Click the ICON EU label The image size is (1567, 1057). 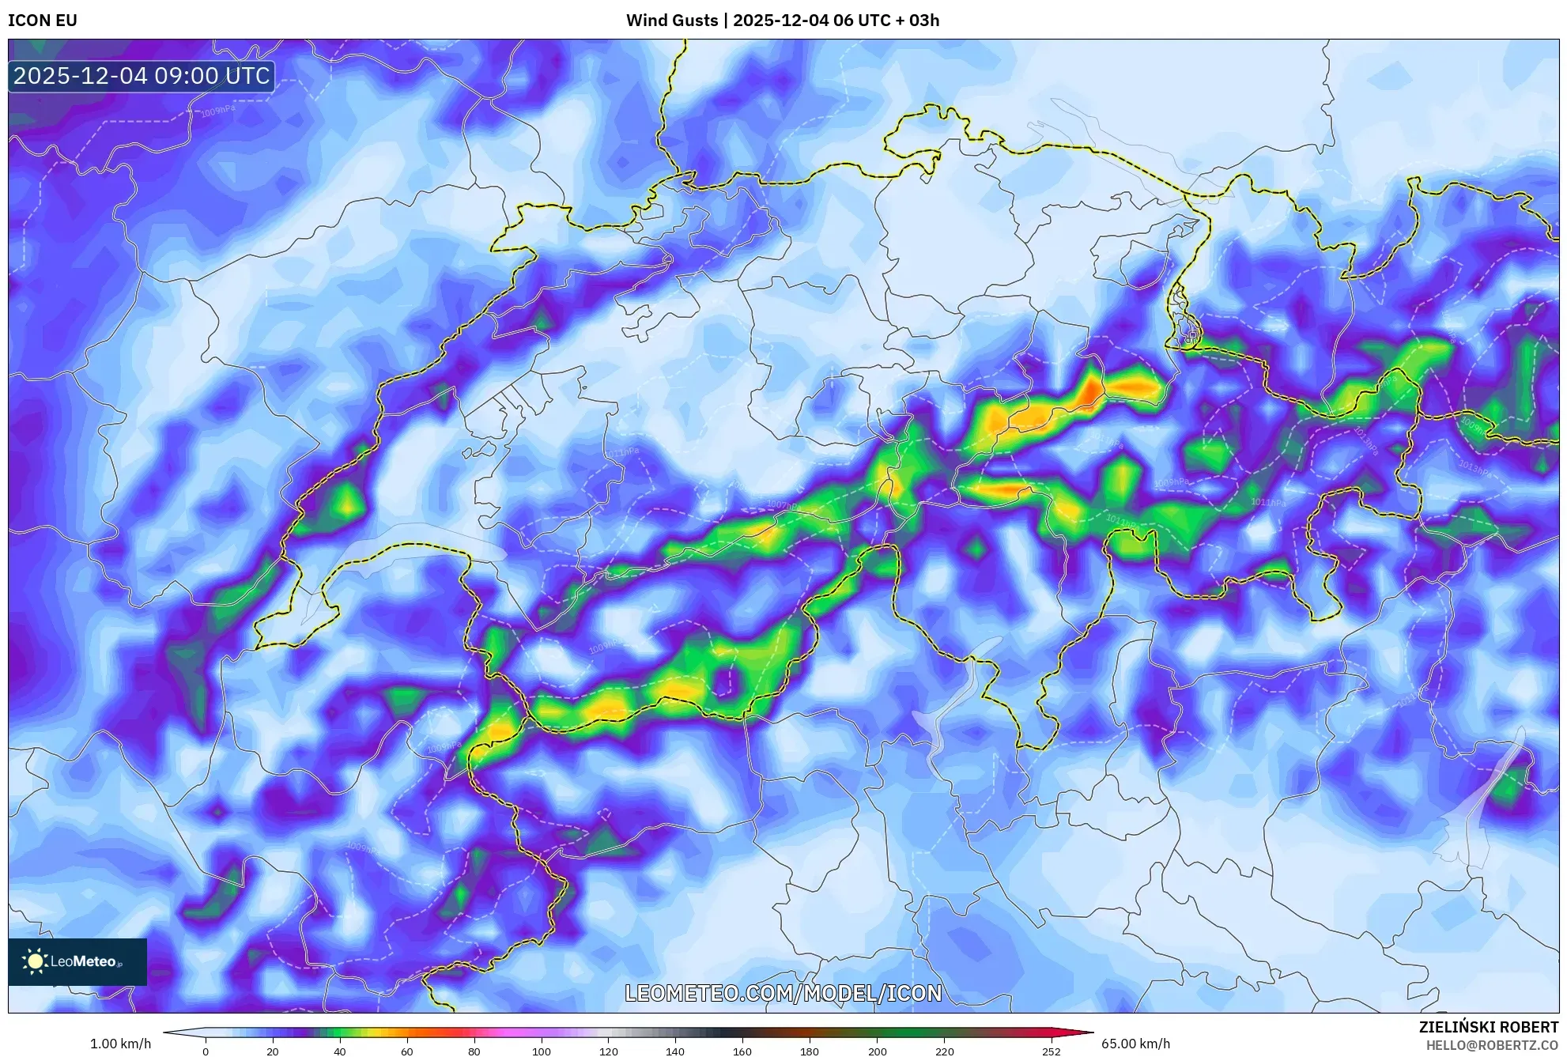[43, 21]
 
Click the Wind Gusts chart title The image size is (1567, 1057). [782, 21]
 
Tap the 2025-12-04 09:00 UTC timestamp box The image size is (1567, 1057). [142, 76]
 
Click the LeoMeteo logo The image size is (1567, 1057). [77, 961]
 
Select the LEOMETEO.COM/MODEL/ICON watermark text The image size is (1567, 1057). [783, 993]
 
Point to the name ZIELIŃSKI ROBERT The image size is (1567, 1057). [1488, 1027]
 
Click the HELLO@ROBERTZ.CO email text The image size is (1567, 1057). [1492, 1045]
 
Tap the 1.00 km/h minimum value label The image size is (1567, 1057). [120, 1044]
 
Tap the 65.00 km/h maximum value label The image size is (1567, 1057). [1135, 1044]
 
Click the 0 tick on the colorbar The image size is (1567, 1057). [206, 1051]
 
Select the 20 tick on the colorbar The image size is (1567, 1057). [273, 1051]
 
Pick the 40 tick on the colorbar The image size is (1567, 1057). [340, 1051]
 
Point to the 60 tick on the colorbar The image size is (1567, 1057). [407, 1051]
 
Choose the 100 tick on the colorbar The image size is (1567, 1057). [542, 1051]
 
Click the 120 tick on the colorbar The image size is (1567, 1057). [609, 1051]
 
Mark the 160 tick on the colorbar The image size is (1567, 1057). [742, 1051]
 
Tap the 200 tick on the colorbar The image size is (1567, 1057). [877, 1051]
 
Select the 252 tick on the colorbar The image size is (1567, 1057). [1051, 1051]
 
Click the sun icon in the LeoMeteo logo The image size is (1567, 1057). [35, 961]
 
